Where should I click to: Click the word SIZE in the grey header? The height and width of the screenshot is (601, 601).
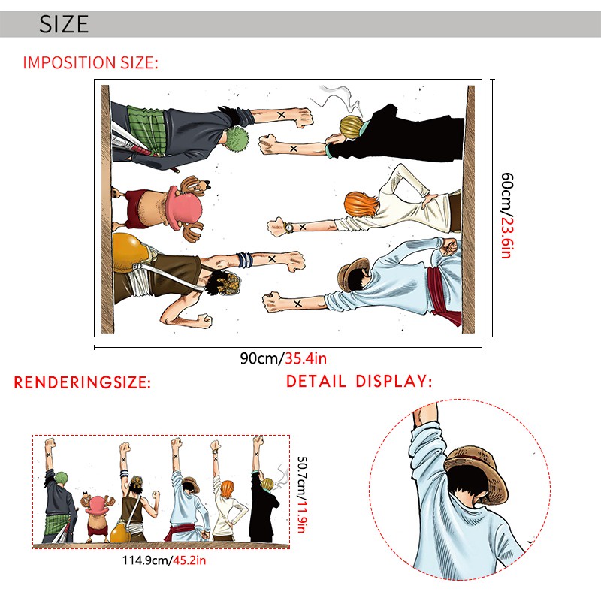click(64, 24)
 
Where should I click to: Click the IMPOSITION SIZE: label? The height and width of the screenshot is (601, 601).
click(90, 62)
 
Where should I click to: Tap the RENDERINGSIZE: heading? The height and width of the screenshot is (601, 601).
click(83, 382)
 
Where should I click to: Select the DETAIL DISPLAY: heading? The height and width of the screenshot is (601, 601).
click(359, 381)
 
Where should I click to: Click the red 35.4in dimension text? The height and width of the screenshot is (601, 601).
click(306, 358)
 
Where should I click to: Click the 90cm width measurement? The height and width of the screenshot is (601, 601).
click(261, 358)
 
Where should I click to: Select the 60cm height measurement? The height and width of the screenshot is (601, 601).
click(507, 192)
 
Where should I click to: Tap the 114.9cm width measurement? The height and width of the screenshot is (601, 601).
click(145, 560)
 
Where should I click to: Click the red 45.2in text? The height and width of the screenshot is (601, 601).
click(189, 560)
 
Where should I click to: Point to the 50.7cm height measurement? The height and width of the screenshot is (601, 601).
click(303, 476)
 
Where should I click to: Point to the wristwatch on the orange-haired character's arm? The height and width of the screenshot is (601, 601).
click(288, 228)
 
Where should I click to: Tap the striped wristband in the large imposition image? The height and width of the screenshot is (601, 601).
click(245, 260)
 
